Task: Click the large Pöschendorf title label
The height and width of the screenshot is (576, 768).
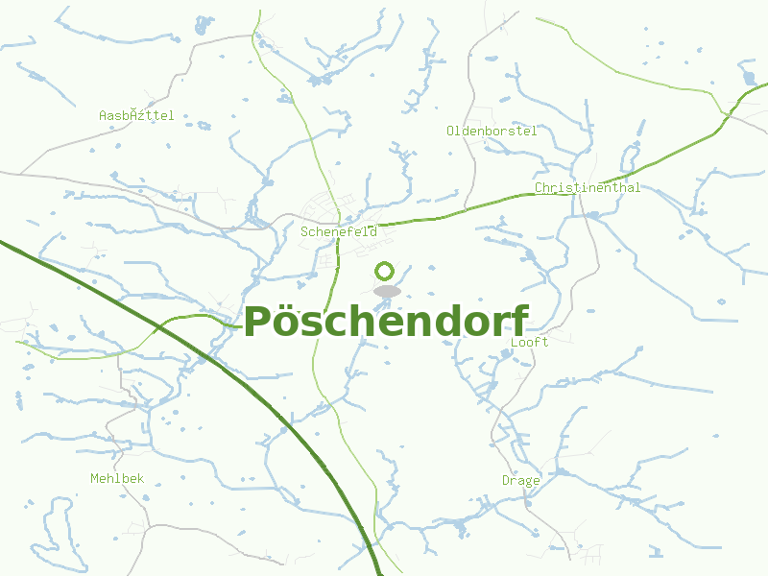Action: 386,323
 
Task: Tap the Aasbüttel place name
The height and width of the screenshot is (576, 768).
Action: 136,115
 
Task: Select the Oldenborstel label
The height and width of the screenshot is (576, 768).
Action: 492,131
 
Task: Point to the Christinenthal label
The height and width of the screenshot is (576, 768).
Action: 588,188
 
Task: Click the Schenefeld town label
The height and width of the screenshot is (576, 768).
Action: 338,231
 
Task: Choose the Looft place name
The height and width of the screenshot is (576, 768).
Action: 530,342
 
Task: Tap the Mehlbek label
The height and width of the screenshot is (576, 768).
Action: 117,478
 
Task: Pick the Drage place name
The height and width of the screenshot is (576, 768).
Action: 520,480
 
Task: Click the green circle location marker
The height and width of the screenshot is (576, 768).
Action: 385,271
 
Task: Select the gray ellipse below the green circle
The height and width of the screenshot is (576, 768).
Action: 387,291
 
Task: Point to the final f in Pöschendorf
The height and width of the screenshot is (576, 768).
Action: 519,321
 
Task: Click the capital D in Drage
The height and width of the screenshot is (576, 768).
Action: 506,480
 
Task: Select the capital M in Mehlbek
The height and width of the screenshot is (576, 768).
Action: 95,478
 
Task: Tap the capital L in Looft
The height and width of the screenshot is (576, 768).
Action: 516,342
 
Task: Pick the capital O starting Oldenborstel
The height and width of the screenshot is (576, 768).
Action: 451,131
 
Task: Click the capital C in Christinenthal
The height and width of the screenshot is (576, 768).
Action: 540,188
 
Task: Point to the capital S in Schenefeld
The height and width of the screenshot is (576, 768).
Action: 304,231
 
